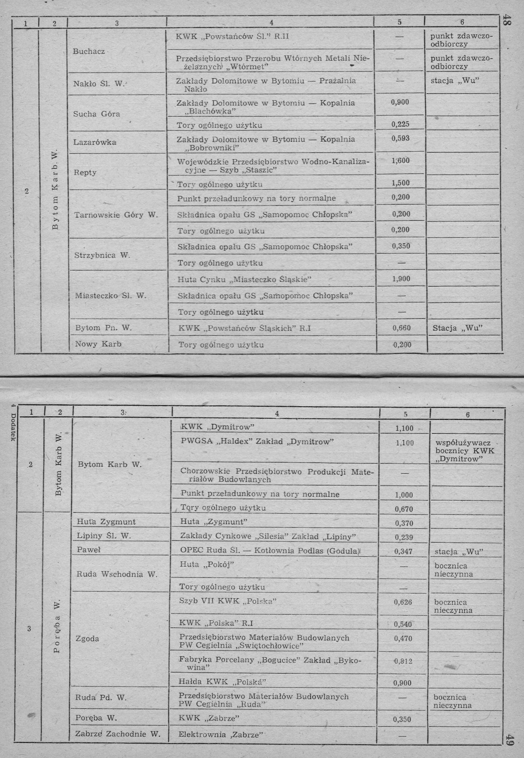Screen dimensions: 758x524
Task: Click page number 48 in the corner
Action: [x=508, y=21]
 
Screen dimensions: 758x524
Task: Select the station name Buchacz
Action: [x=89, y=51]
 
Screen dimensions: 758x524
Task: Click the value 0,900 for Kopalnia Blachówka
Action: [x=400, y=102]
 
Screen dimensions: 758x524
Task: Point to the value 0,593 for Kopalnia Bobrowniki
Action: [x=400, y=138]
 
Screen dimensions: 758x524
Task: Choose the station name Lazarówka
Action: [x=95, y=142]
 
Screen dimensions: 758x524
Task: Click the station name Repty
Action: [x=85, y=173]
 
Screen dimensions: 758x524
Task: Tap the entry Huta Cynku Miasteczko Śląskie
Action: [x=244, y=279]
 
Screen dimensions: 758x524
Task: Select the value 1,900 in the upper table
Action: [x=401, y=279]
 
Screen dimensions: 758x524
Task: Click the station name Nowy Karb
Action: [x=98, y=344]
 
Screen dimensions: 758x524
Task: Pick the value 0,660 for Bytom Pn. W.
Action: [x=402, y=328]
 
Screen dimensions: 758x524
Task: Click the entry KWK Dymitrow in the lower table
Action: [x=217, y=427]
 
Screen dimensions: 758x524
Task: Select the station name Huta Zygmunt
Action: [x=106, y=522]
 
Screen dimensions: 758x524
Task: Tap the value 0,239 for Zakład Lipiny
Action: [x=404, y=537]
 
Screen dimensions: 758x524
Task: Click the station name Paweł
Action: [x=89, y=550]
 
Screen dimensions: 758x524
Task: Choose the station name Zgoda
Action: [x=87, y=639]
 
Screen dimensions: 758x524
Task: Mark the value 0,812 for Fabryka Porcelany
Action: [x=403, y=661]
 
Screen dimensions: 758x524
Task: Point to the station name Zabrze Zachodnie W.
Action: [x=118, y=734]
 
